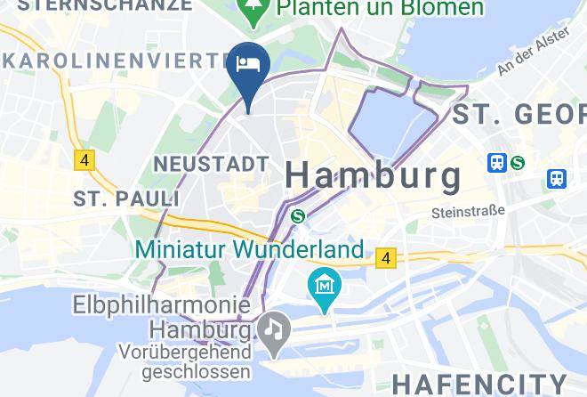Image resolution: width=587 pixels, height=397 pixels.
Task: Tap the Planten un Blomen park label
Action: [x=381, y=8]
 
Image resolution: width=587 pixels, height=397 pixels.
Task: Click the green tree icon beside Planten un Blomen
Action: [x=254, y=9]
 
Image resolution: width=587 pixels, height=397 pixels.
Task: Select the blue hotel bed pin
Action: [x=248, y=68]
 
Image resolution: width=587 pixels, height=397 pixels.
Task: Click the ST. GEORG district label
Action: [x=519, y=114]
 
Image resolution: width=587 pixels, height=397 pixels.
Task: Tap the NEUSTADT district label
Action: [x=211, y=164]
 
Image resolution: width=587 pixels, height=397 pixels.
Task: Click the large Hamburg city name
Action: [x=374, y=175]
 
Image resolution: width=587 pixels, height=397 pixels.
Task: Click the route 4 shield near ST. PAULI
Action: [x=84, y=160]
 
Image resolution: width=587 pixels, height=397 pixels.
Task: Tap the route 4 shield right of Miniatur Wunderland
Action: [x=385, y=258]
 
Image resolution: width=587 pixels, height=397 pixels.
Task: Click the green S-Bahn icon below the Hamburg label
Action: [x=299, y=215]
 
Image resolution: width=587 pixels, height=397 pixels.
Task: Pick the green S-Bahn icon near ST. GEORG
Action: [x=517, y=163]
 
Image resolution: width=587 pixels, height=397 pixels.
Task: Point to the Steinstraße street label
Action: [x=467, y=212]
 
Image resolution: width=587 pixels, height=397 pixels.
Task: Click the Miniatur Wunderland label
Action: [x=250, y=248]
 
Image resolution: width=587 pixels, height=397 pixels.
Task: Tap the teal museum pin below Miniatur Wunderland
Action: [x=325, y=288]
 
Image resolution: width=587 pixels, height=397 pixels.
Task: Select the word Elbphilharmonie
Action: [x=160, y=306]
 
